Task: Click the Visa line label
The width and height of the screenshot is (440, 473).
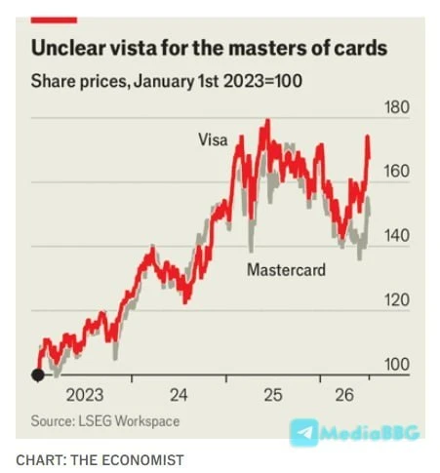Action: pyautogui.click(x=213, y=140)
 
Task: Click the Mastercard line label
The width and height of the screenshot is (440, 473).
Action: pyautogui.click(x=286, y=270)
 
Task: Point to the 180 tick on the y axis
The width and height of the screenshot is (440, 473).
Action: pyautogui.click(x=397, y=107)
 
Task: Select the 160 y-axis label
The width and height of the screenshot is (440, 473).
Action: pyautogui.click(x=397, y=172)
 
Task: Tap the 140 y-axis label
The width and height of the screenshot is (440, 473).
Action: pyautogui.click(x=397, y=236)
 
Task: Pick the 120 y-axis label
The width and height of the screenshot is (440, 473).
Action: pyautogui.click(x=397, y=299)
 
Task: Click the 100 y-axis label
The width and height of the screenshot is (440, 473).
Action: pyautogui.click(x=397, y=365)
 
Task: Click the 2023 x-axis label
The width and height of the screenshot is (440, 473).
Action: pyautogui.click(x=85, y=395)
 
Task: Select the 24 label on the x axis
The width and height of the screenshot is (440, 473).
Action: pyautogui.click(x=179, y=395)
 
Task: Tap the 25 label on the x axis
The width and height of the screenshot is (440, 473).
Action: pyautogui.click(x=273, y=395)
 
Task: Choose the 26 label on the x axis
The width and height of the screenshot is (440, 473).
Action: pyautogui.click(x=344, y=395)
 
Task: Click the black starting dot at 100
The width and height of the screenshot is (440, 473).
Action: pyautogui.click(x=38, y=374)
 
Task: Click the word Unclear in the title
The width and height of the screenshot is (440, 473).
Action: pyautogui.click(x=68, y=49)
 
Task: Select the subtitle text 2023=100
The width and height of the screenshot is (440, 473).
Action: pyautogui.click(x=262, y=81)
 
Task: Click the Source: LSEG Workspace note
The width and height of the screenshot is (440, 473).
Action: pyautogui.click(x=105, y=421)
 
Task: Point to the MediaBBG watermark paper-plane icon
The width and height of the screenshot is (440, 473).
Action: pyautogui.click(x=304, y=432)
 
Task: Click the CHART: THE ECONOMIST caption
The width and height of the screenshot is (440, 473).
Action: pyautogui.click(x=100, y=460)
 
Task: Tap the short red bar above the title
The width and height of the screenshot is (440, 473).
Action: pyautogui.click(x=54, y=20)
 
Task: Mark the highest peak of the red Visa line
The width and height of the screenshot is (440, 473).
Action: pyautogui.click(x=267, y=120)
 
